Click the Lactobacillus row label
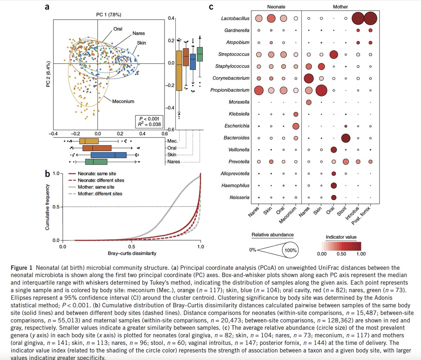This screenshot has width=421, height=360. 235,18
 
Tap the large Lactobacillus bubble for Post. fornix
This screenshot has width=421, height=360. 370,18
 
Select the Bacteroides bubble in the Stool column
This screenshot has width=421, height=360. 346,138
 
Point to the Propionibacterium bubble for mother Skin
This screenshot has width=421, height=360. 321,90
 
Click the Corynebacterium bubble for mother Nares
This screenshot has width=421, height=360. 309,78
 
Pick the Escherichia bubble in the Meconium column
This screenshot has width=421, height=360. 296,126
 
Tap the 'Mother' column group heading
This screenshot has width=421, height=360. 340,7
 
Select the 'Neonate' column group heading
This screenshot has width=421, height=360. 276,7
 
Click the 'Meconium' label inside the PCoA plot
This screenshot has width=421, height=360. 123,101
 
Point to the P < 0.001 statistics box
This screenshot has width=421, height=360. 150,121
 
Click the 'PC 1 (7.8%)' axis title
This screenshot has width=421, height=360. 109,15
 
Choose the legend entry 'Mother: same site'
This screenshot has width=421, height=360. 96,187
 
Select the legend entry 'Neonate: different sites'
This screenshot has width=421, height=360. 101,180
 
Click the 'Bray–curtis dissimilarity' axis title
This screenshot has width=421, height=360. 132,253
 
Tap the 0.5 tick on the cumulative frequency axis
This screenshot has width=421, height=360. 56,207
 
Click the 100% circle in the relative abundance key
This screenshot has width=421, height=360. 290,250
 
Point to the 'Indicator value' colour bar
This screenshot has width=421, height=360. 341,246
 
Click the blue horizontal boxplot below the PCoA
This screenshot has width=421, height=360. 108,155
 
